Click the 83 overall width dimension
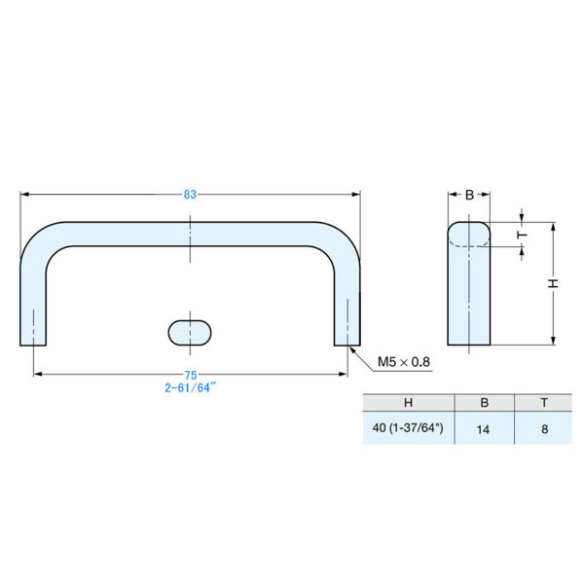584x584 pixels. (190, 195)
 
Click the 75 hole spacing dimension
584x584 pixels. (191, 375)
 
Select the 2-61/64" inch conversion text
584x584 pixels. (191, 387)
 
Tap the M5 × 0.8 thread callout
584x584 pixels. (404, 362)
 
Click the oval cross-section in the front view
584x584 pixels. (190, 333)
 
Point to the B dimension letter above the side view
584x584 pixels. (469, 195)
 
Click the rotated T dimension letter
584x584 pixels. (523, 235)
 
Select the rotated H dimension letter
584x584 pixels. (554, 283)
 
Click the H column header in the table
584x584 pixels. (408, 403)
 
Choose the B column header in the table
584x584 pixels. (484, 403)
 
